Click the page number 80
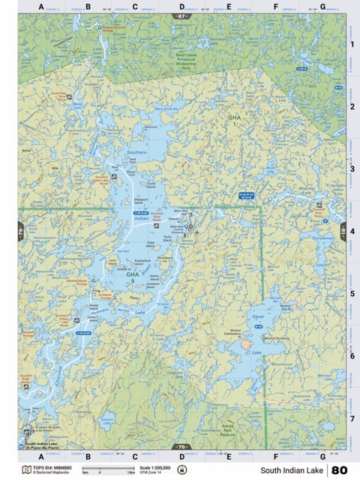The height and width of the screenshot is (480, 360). point(339,470)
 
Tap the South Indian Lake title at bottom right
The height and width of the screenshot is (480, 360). point(292,470)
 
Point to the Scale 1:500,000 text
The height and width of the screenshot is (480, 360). point(150,467)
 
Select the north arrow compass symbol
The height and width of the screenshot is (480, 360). point(181,470)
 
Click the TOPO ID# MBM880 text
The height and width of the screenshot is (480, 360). point(52,467)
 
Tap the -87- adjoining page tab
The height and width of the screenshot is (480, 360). point(181,16)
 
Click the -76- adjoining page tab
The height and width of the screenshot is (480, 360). point(181,447)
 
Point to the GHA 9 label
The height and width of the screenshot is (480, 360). point(133,277)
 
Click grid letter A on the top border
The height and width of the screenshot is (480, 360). point(41,7)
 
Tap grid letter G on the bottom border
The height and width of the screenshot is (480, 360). point(322,455)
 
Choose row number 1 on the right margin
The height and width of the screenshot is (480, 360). point(352,44)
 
